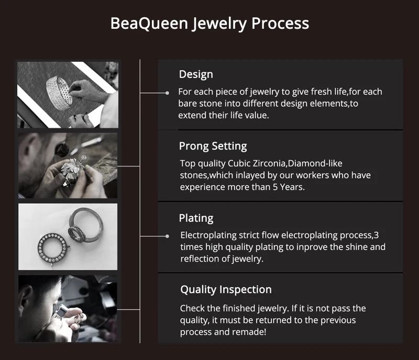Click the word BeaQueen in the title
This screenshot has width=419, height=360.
click(x=149, y=23)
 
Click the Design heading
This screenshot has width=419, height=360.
click(x=196, y=74)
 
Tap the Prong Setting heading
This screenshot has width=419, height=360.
click(x=213, y=147)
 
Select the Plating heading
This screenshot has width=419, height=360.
click(x=196, y=218)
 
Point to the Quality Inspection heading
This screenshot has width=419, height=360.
click(x=226, y=290)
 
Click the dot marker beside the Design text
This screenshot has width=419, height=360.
click(x=167, y=93)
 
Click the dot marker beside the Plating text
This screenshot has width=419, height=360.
click(x=167, y=236)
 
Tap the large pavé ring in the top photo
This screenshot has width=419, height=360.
click(x=59, y=93)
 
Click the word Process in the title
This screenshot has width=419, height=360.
click(x=280, y=23)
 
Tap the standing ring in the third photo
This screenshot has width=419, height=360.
click(x=85, y=225)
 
